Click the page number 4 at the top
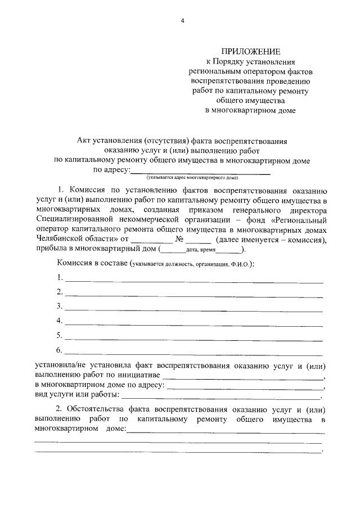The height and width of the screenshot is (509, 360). click(182, 21)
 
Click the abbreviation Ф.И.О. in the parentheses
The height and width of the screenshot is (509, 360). click(237, 264)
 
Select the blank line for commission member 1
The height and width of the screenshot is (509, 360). click(194, 281)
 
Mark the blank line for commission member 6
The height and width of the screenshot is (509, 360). click(194, 354)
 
